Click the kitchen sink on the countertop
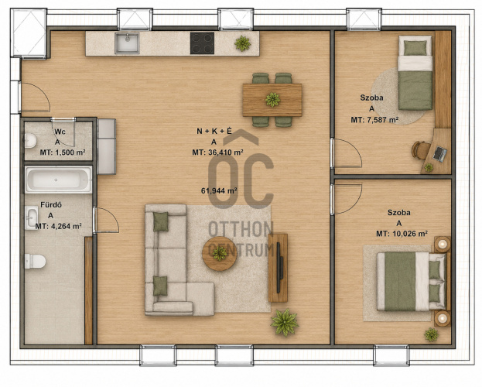127,43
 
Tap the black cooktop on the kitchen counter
202,43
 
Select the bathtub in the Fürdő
58,180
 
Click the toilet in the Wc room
30,141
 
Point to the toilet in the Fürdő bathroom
35,261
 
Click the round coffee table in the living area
220,254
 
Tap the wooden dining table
272,100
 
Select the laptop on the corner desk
440,154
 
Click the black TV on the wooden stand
279,268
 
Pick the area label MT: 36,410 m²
218,152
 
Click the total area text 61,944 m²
219,190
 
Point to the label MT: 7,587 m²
374,120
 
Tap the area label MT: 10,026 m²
402,234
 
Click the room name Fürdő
51,205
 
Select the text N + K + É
214,132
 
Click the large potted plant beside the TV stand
285,322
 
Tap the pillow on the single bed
415,48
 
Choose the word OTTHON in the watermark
241,229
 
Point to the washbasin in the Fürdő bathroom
32,218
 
